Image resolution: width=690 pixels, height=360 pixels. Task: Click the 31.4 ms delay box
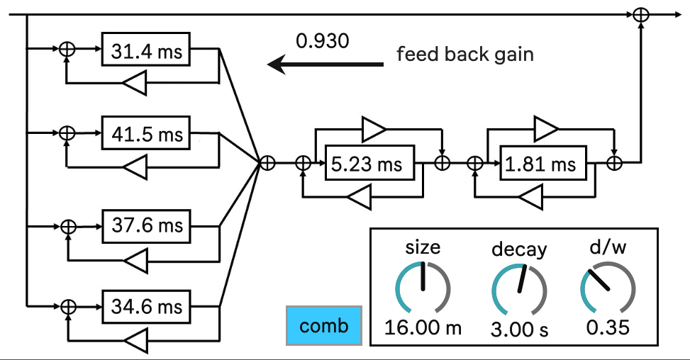point(146,50)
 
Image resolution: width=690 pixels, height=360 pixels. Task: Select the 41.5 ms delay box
point(146,134)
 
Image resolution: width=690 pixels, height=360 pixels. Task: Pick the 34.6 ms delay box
point(146,308)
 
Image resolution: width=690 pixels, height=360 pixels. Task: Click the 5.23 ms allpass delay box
point(367,164)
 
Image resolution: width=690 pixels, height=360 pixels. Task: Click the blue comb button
point(324,326)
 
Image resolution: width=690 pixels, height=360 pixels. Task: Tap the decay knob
point(519,289)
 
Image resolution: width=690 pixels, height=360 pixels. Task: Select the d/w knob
point(607,289)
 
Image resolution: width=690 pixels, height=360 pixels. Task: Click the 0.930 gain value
point(323,41)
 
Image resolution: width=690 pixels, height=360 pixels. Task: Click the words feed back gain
point(464,54)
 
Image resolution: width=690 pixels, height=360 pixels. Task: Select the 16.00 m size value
point(423,327)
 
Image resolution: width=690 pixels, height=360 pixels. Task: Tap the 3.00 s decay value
point(519,329)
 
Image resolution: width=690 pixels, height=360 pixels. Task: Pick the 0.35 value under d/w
point(608,328)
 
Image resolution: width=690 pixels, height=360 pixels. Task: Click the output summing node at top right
point(640,13)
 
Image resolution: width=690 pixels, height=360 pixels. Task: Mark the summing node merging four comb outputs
point(267,163)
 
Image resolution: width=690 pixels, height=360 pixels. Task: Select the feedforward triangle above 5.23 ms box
point(374,129)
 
